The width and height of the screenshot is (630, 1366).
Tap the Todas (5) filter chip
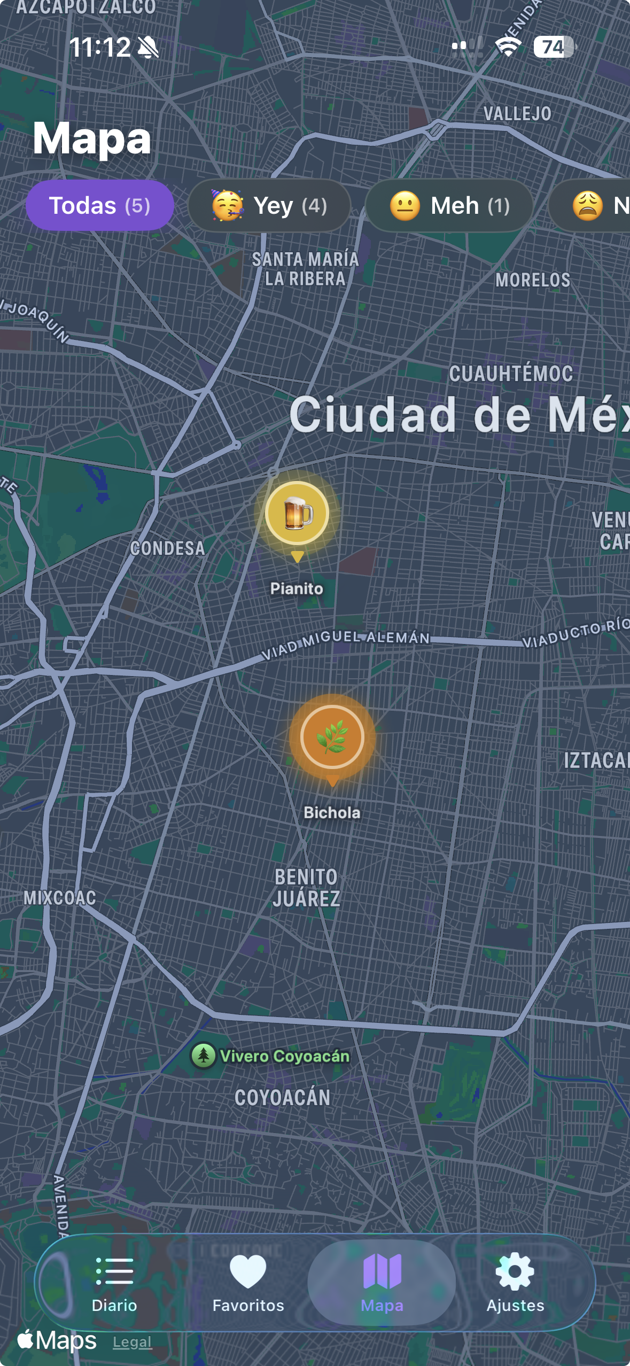[x=99, y=206]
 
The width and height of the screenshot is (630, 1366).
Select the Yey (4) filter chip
[x=269, y=206]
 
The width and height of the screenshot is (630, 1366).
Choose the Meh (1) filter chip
[x=449, y=206]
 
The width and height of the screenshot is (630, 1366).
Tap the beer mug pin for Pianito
[x=297, y=513]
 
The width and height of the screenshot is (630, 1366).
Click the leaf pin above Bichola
[x=332, y=737]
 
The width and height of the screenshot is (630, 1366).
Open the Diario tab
[x=114, y=1283]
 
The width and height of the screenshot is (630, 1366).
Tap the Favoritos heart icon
[x=248, y=1272]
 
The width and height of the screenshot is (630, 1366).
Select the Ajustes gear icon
[x=515, y=1272]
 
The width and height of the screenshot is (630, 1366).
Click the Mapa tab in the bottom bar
[x=382, y=1283]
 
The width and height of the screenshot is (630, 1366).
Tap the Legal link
[x=132, y=1342]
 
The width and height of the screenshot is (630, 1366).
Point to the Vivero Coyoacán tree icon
[x=204, y=1055]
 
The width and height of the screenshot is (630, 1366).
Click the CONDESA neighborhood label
[x=168, y=548]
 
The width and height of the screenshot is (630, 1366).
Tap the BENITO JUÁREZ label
[x=306, y=888]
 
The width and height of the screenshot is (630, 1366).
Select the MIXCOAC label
[x=60, y=898]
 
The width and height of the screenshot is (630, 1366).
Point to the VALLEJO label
[x=517, y=114]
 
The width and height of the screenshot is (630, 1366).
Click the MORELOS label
[x=533, y=280]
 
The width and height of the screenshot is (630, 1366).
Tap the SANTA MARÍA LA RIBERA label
[x=305, y=269]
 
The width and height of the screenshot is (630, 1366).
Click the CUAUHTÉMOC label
[x=511, y=374]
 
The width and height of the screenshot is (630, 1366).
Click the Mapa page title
[x=92, y=138]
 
